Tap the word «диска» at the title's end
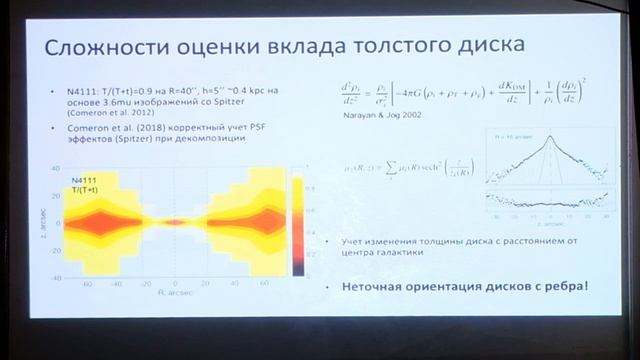[482, 48]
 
